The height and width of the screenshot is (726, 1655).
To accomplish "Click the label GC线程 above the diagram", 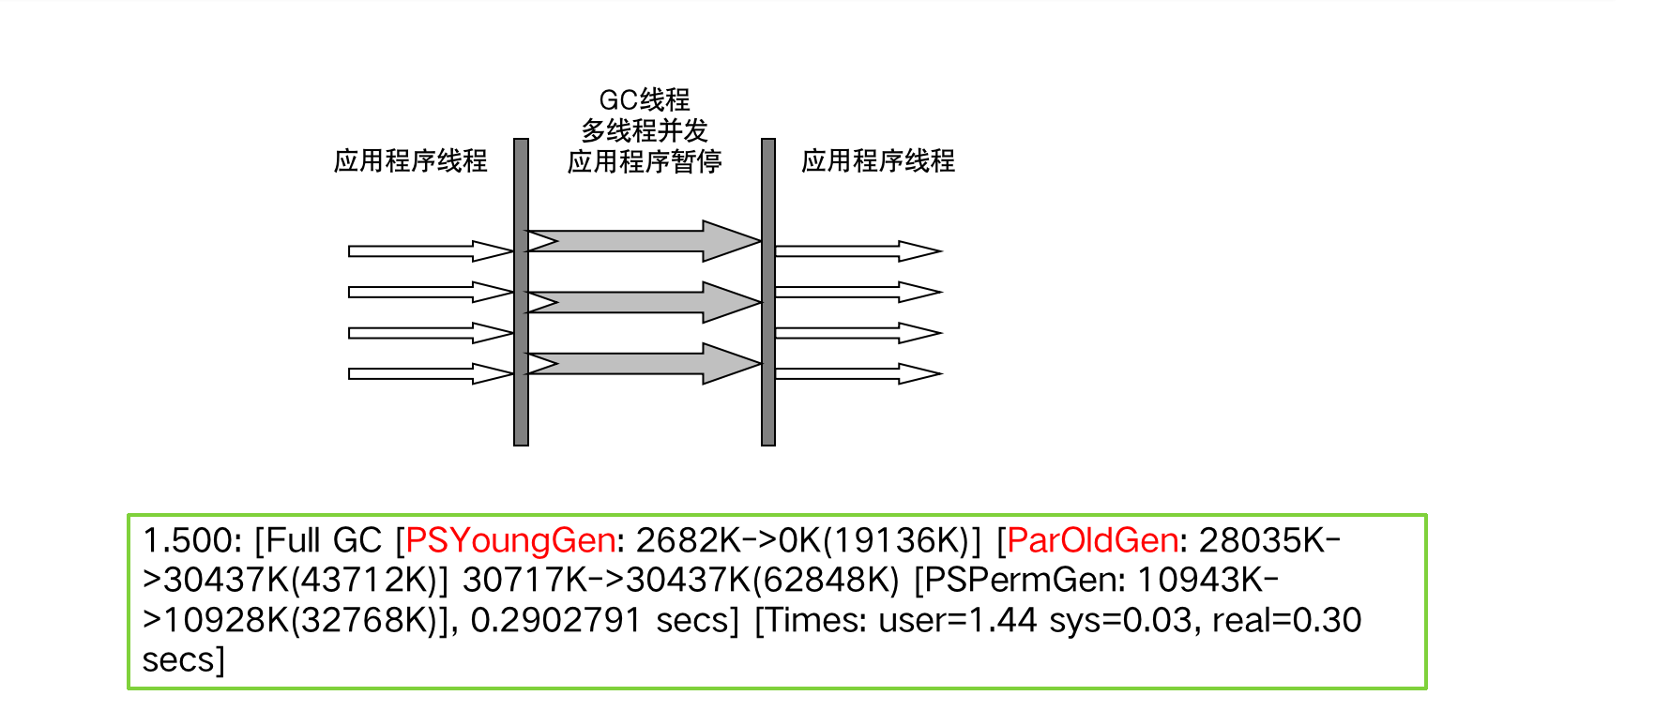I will point(644,99).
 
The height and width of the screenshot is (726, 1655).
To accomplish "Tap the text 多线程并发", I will point(644,130).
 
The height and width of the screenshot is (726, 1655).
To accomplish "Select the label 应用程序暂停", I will point(644,161).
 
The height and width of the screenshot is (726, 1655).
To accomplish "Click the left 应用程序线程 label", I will point(410,161).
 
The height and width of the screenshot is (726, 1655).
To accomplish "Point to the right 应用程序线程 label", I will point(877,161).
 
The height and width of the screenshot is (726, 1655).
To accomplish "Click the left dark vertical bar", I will point(521,292).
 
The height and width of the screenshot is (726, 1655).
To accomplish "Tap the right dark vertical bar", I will point(767,292).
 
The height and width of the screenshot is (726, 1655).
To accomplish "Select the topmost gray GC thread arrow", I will point(644,241).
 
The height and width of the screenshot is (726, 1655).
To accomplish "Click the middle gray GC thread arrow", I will point(644,302).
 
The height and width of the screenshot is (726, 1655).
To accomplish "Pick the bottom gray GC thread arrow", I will point(644,363).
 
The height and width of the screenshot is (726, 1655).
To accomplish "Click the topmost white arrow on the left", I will point(429,251).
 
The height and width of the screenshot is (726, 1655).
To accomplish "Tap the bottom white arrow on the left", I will point(429,373).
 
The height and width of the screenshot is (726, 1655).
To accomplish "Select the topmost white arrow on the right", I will point(856,251).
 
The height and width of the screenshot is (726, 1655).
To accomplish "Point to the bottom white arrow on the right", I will point(856,373).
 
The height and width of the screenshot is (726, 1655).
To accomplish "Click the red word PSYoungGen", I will point(510,540).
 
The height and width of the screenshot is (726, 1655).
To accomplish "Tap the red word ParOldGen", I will point(1092,540).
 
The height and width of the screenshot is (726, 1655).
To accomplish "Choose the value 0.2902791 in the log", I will point(555,620).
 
